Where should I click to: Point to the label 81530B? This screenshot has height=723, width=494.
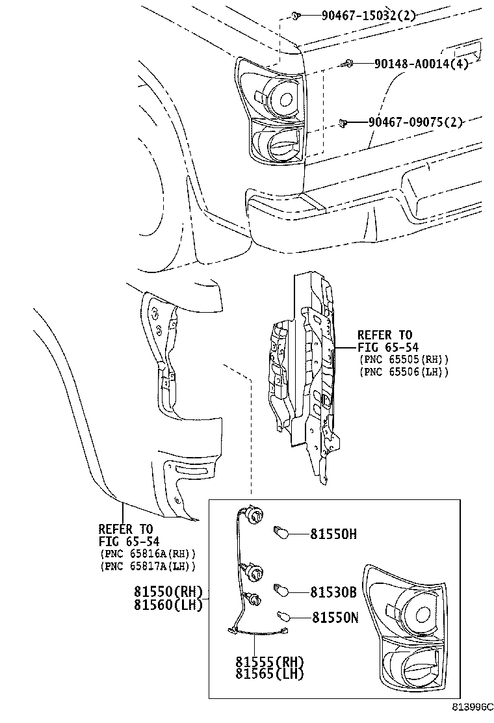point(333,592)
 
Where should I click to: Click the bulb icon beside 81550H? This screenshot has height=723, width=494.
point(279,532)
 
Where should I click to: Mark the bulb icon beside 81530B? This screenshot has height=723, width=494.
point(280,590)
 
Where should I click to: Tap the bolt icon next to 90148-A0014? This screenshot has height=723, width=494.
point(348,63)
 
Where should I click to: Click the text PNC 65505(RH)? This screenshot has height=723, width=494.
point(403,360)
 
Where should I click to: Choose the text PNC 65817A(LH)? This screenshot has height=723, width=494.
point(148,566)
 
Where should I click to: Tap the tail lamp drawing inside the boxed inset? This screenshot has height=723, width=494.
point(406,627)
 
